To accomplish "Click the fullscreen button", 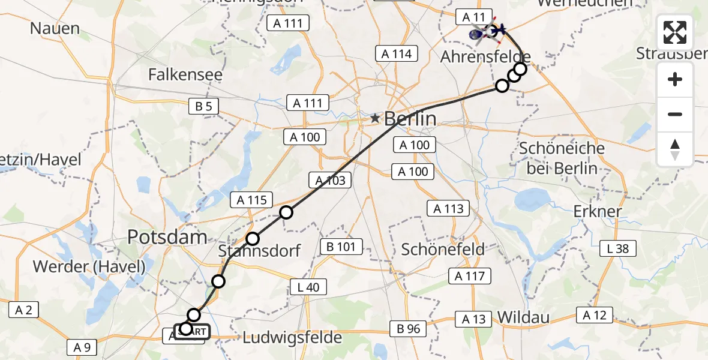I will pos(675,32).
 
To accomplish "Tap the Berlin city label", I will pos(410,119).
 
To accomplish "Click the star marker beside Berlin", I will pos(375,119).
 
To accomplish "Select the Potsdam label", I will pos(167,237).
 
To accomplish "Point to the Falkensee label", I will pos(185,75).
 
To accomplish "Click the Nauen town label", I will pos(55,28).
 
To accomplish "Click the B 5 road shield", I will pos(203,107).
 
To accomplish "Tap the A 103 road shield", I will pos(329,180).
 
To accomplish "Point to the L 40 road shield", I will pos(308,287).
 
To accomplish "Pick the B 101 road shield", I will pos(341,246).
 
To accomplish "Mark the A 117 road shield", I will pos(470,276).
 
